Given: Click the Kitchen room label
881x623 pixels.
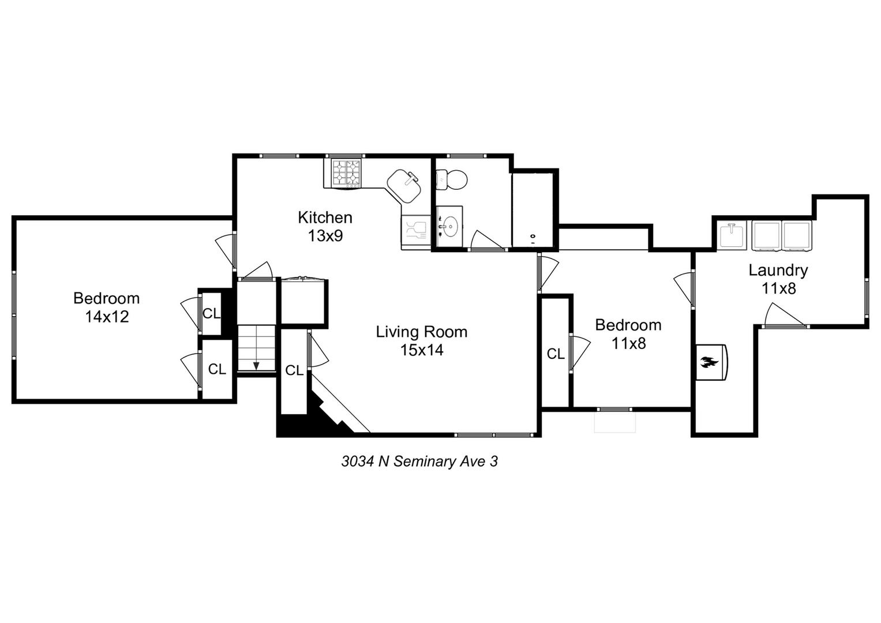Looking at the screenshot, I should point(325,217).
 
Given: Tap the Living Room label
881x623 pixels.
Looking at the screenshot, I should point(421,332).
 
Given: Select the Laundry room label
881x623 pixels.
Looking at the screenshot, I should point(778,270).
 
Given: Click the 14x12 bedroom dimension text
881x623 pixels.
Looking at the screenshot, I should point(107,317).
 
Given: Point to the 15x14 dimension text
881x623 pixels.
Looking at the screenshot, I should point(422,350).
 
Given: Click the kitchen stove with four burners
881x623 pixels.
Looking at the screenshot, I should point(346,172).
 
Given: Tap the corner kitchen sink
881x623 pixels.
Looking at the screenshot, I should point(405,185).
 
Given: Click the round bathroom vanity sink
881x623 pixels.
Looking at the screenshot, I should point(449,225).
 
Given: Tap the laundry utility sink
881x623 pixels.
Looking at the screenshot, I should point(733,235).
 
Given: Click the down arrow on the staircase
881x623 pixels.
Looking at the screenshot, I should point(256,365).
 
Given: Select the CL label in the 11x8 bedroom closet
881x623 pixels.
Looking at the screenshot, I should point(556,354).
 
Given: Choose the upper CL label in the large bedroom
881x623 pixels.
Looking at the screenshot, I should point(211,314).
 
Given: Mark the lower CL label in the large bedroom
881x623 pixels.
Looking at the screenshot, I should point(217,369).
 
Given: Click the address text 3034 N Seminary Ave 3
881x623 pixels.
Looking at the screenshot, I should point(419,461).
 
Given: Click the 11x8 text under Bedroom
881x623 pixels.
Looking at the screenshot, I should point(628,344).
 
